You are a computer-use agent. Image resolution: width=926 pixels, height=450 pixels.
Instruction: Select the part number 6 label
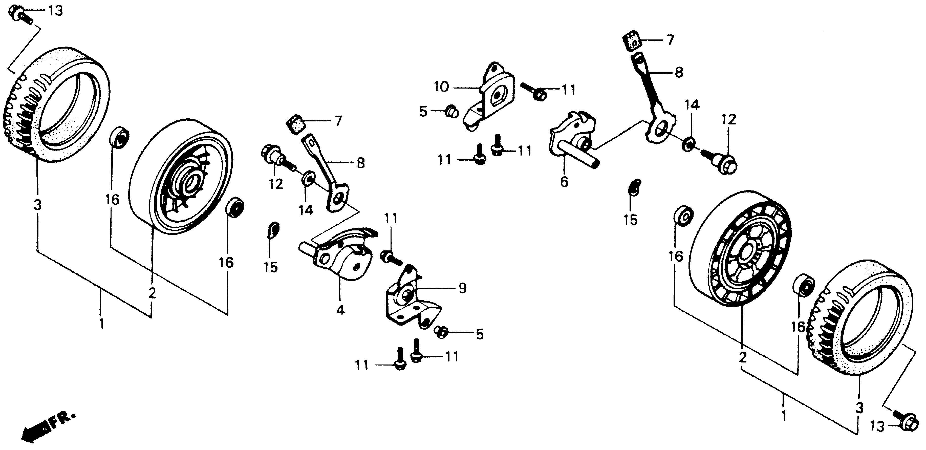pyautogui.click(x=564, y=182)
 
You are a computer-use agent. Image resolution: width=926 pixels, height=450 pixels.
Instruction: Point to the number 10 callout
pyautogui.click(x=442, y=87)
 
